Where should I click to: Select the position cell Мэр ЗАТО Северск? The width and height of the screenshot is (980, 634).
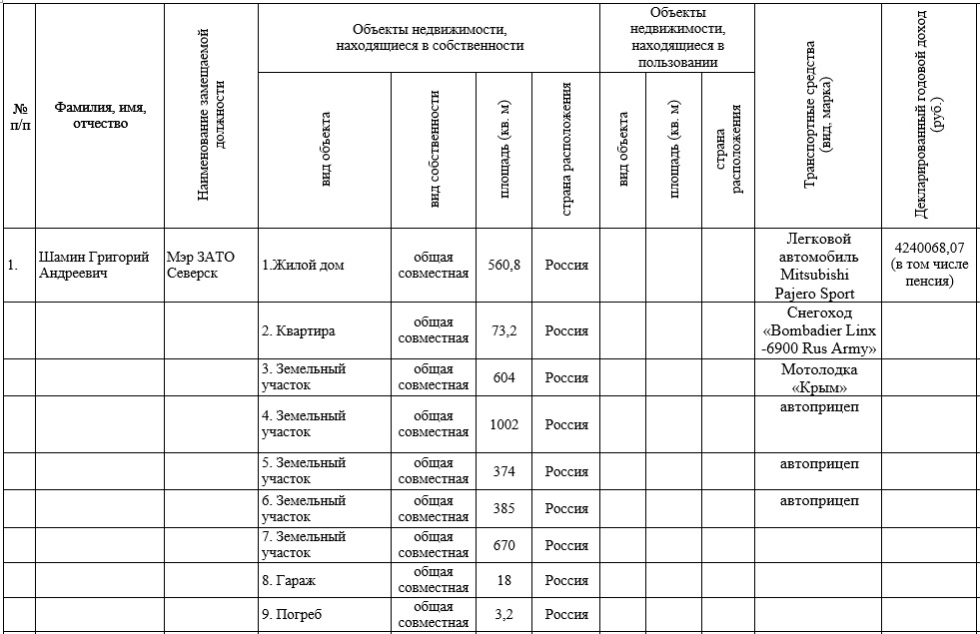[201, 265]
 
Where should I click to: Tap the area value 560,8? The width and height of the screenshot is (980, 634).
[504, 265]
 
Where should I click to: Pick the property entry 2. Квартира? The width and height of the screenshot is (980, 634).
[299, 330]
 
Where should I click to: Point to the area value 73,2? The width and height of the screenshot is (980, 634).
[504, 330]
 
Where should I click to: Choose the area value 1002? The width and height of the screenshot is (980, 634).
[504, 424]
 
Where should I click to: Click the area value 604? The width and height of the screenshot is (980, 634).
[504, 377]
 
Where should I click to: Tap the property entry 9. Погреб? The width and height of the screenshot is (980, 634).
[294, 615]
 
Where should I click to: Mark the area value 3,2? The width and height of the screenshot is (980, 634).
[504, 615]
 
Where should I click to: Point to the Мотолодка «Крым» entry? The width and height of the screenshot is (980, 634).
[818, 378]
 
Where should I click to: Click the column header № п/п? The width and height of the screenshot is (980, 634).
[19, 116]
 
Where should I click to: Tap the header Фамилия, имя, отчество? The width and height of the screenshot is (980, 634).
[100, 116]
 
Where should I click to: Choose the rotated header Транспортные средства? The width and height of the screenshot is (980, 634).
[817, 115]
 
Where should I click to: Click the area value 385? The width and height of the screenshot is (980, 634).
[504, 508]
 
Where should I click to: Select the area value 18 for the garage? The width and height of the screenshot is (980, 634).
[504, 579]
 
